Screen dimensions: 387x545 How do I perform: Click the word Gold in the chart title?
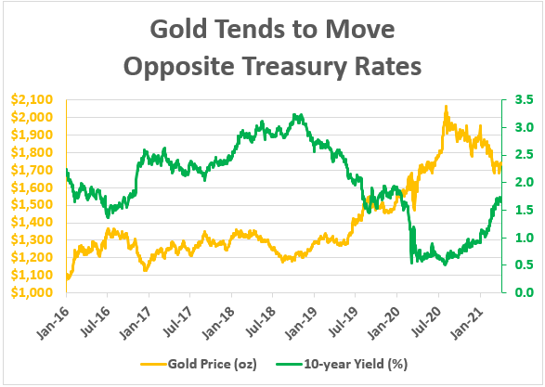[x=174, y=29]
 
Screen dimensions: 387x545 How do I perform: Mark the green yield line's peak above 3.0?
[x=296, y=116]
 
